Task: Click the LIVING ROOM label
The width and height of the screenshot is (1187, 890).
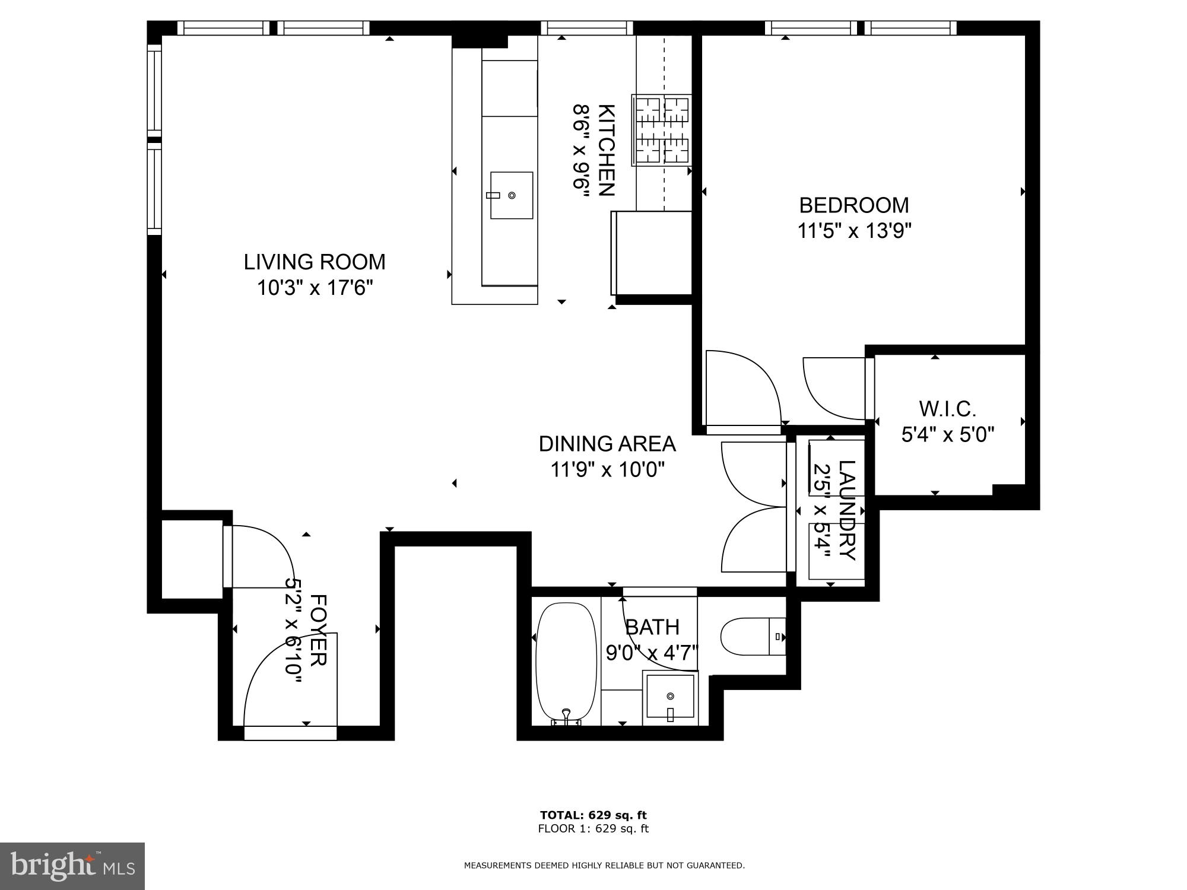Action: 314,262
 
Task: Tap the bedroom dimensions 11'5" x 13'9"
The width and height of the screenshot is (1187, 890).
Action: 853,230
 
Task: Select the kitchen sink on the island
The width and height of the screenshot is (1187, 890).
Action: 511,195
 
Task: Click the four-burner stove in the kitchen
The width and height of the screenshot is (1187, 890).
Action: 661,130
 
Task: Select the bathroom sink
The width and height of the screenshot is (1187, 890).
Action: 671,695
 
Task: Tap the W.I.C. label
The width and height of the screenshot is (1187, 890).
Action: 947,409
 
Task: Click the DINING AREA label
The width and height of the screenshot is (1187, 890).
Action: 607,443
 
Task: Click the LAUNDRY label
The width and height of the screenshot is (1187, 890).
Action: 846,510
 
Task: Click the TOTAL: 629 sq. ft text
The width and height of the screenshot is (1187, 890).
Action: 593,815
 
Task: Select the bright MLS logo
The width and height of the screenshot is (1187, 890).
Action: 72,866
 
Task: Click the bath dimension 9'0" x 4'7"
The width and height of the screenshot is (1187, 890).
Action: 651,653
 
